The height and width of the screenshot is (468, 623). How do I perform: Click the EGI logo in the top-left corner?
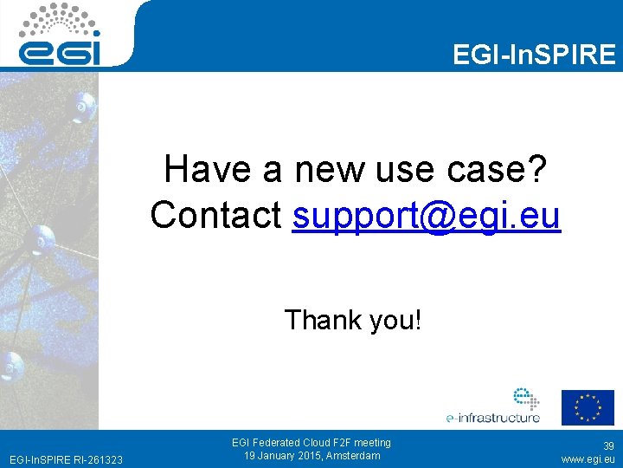pos(61,36)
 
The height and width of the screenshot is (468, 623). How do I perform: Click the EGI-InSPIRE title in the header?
pos(534,55)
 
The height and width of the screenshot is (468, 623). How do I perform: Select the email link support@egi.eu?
pos(427,215)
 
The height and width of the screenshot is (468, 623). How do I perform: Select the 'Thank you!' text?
pos(353,320)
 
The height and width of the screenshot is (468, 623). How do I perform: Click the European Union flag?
pos(588,407)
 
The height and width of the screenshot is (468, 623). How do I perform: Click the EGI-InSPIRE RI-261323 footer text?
pos(65,458)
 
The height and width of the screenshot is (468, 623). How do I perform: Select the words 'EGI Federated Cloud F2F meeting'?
pos(311,443)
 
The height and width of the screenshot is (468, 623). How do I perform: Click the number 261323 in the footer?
pos(104,458)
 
